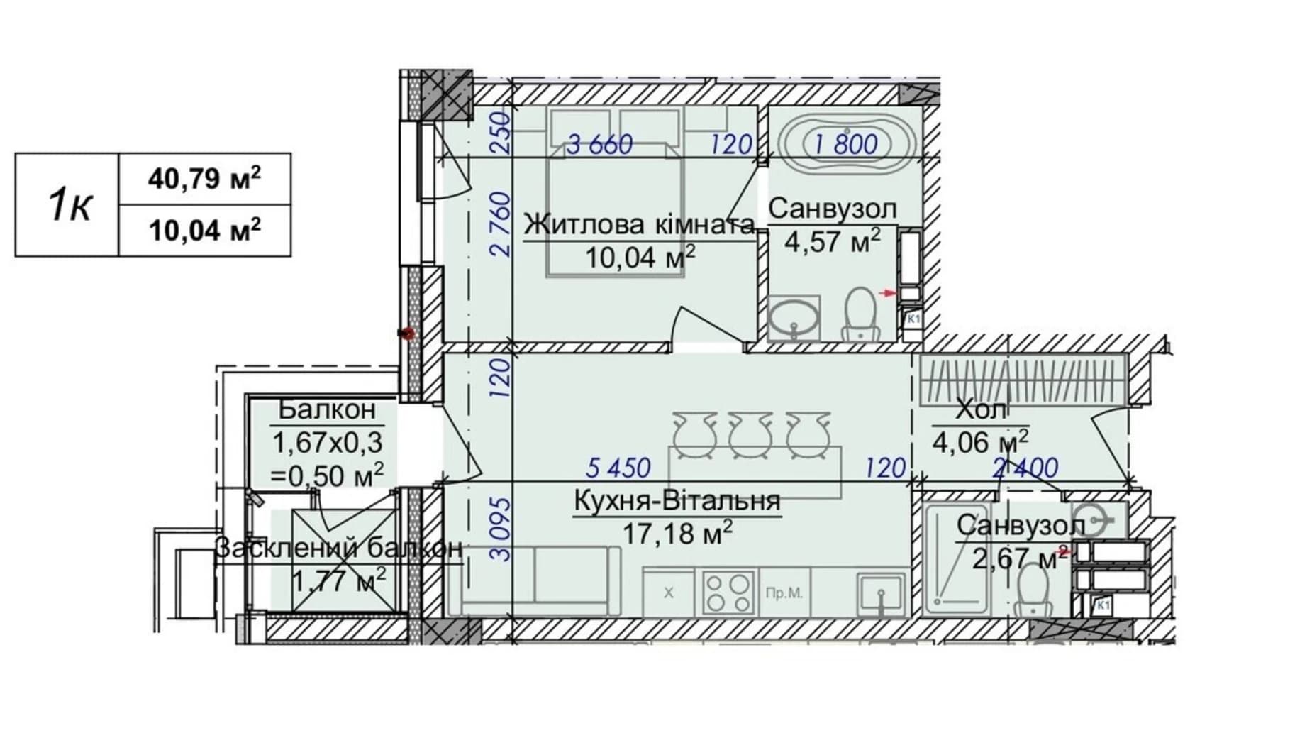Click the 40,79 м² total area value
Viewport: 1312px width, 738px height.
(204, 178)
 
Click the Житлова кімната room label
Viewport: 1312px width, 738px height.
(639, 225)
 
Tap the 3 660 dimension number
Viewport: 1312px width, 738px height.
(599, 145)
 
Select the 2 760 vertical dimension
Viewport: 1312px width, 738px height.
(501, 224)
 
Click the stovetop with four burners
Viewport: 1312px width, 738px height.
(728, 592)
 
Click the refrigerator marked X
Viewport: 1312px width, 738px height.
(669, 593)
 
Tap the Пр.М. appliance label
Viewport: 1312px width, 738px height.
(784, 593)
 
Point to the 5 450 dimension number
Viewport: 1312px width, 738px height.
(618, 468)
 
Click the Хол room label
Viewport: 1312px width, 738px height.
(981, 409)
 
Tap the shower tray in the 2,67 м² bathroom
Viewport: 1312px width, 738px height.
(957, 558)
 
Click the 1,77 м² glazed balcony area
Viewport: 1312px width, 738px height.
(339, 581)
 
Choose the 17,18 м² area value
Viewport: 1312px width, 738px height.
(677, 532)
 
